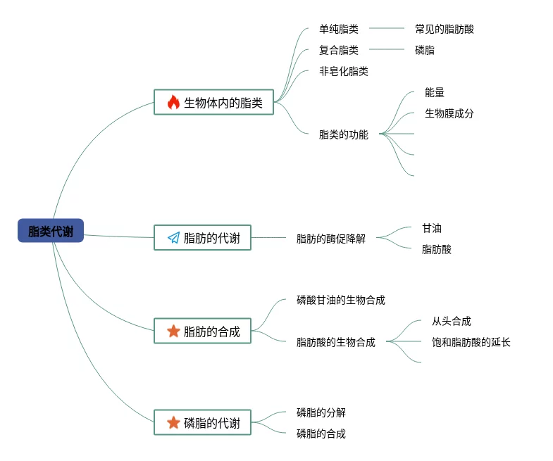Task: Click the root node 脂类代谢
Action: (51, 231)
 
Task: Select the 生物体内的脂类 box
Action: (213, 102)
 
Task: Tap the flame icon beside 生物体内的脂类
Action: (173, 102)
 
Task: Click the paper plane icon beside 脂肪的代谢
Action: (173, 238)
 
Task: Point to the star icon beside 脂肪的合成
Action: (173, 331)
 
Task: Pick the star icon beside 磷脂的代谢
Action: (173, 422)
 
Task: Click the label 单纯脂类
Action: (338, 29)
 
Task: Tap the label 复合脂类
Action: (338, 50)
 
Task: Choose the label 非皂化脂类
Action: (343, 71)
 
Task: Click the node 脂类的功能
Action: (343, 134)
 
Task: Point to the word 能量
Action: (435, 92)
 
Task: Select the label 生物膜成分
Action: (449, 113)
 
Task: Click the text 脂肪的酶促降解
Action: (330, 239)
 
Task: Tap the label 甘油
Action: (432, 228)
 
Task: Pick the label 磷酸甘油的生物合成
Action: (340, 300)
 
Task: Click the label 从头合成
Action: (451, 321)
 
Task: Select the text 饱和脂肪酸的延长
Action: (471, 342)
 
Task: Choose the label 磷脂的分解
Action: (321, 412)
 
